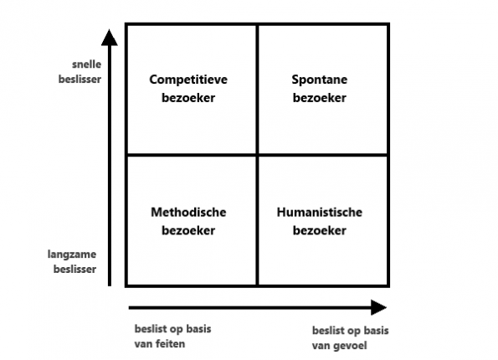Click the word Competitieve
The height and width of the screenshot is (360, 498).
188,80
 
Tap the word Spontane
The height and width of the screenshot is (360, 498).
319,80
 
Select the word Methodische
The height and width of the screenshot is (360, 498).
188,213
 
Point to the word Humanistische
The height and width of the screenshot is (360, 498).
319,213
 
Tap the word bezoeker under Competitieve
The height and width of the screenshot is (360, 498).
188,98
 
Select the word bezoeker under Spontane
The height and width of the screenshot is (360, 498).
319,98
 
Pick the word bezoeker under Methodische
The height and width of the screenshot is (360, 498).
188,231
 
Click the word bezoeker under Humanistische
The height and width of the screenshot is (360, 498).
319,231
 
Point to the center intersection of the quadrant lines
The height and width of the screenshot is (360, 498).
257,155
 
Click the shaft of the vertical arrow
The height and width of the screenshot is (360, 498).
108,167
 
